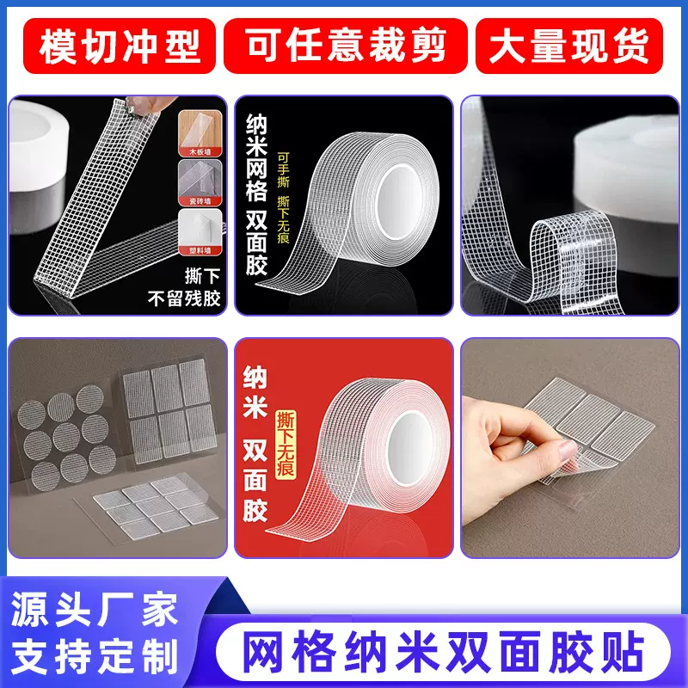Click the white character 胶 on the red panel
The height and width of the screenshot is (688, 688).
pyautogui.click(x=255, y=512)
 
